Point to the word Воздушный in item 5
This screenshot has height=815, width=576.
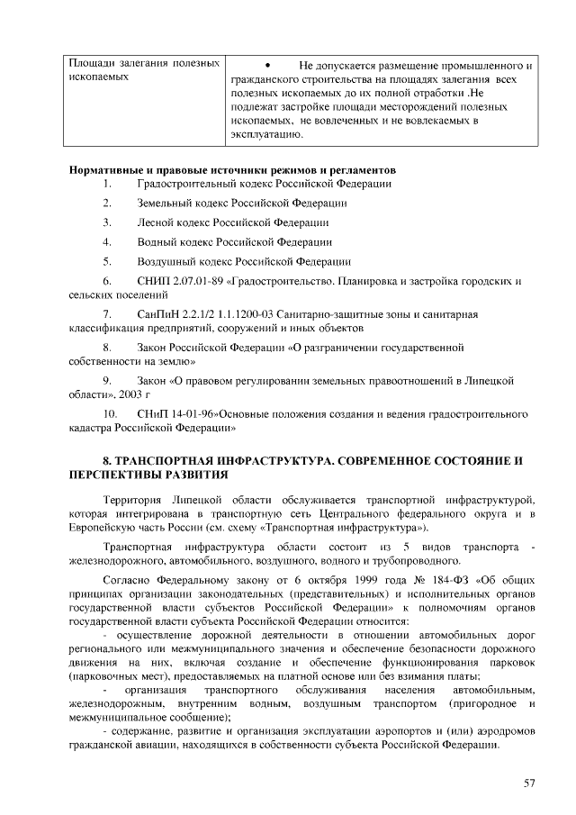pos(163,262)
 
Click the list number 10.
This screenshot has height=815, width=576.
pos(109,413)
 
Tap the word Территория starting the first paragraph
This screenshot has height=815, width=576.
pos(131,499)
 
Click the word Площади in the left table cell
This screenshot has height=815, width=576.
pos(91,64)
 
